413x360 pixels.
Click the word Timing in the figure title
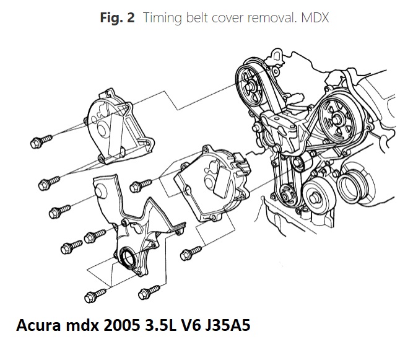[x=161, y=18]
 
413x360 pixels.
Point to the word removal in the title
[x=275, y=18]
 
